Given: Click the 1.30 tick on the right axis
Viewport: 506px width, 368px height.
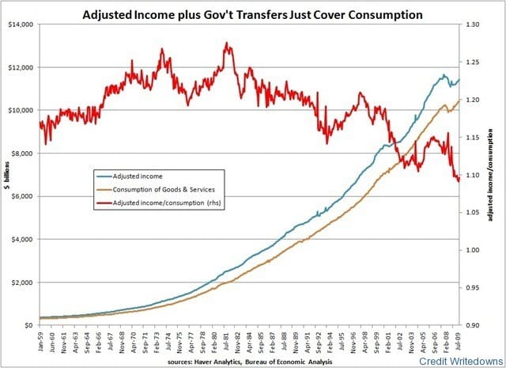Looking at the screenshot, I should [474, 25].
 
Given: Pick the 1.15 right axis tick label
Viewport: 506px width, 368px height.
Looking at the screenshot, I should [474, 138].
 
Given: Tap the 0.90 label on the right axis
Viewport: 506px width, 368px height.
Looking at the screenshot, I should [474, 325].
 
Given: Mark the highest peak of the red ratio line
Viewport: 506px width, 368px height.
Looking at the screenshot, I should [228, 44].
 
